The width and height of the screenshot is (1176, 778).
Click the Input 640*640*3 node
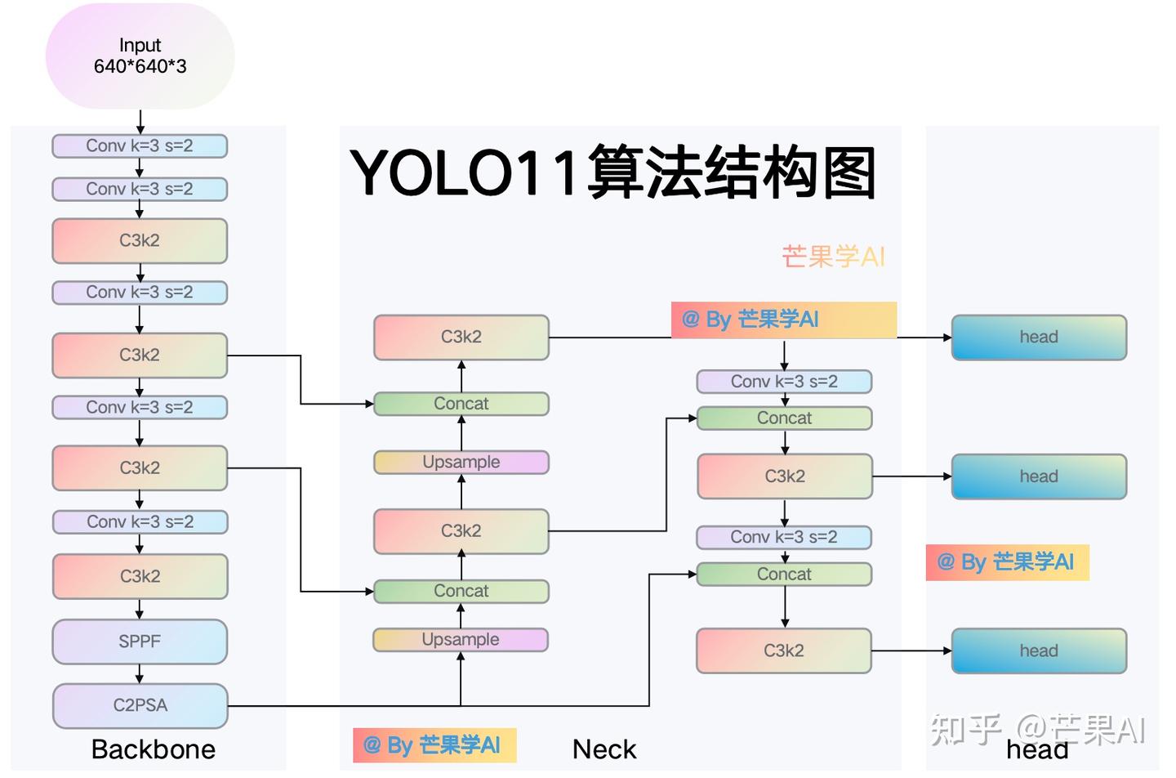140,56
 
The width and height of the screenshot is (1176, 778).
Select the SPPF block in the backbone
140,642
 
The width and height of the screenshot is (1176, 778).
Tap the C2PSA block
140,705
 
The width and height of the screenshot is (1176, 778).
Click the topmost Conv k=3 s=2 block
140,146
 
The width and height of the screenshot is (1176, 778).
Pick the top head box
1038,338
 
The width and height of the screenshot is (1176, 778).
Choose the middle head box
1038,476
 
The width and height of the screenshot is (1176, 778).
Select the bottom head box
1038,651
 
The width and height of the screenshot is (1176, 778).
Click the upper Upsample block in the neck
461,463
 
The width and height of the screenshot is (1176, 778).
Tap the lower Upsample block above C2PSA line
461,640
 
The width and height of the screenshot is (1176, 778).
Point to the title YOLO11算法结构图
612,173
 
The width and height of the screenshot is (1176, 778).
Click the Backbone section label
154,749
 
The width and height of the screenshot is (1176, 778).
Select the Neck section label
604,749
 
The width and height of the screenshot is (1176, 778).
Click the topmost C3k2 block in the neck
461,338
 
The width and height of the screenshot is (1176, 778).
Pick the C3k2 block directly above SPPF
140,577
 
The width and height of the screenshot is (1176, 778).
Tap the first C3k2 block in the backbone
140,241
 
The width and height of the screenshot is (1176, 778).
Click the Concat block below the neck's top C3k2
461,404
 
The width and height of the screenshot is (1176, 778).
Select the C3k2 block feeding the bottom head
784,651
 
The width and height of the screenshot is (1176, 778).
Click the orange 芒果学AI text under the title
833,257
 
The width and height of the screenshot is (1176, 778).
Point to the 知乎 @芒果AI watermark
1037,728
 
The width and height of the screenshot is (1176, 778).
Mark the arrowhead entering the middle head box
947,476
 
